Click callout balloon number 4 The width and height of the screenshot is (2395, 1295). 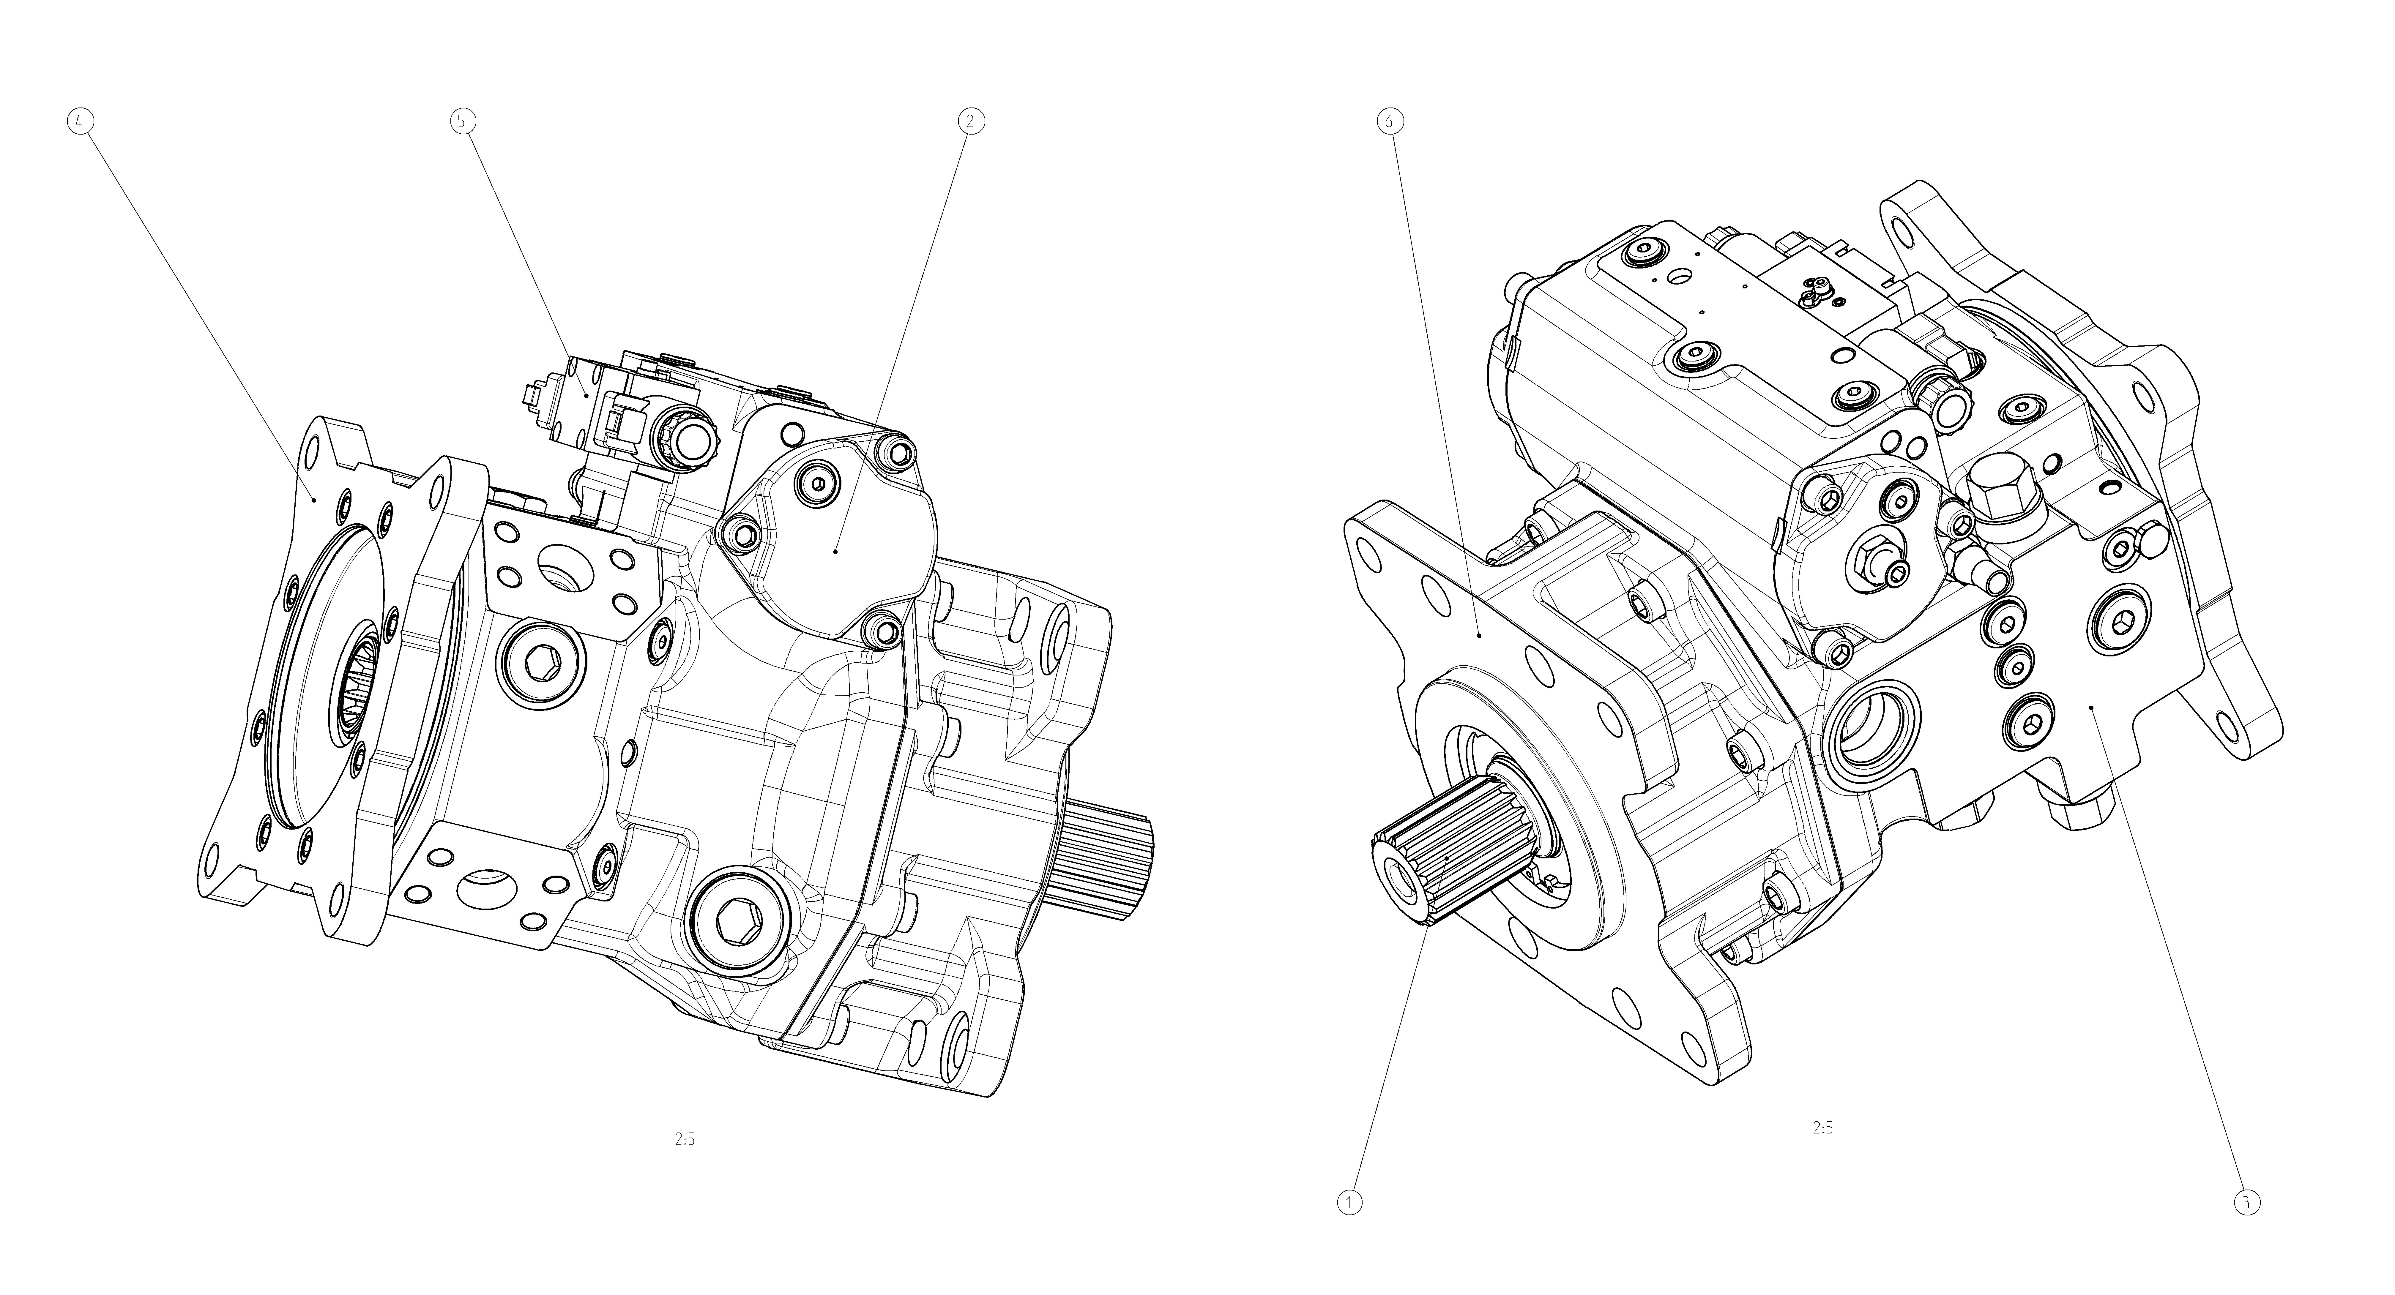tap(81, 122)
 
